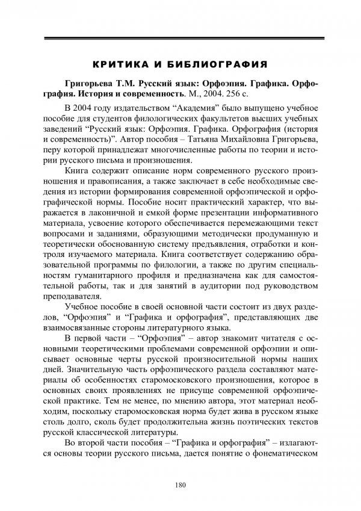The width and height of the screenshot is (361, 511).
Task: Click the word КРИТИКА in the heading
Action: [120, 63]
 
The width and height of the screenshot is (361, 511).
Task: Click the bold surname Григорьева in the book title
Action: [92, 84]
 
